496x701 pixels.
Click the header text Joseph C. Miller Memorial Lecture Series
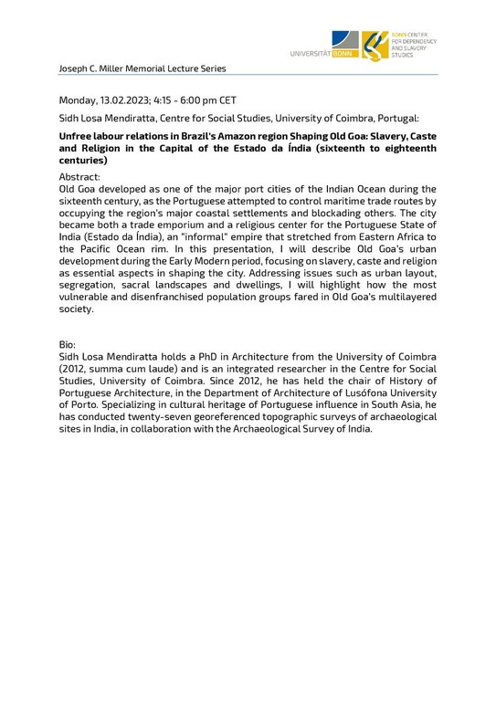coord(142,68)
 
